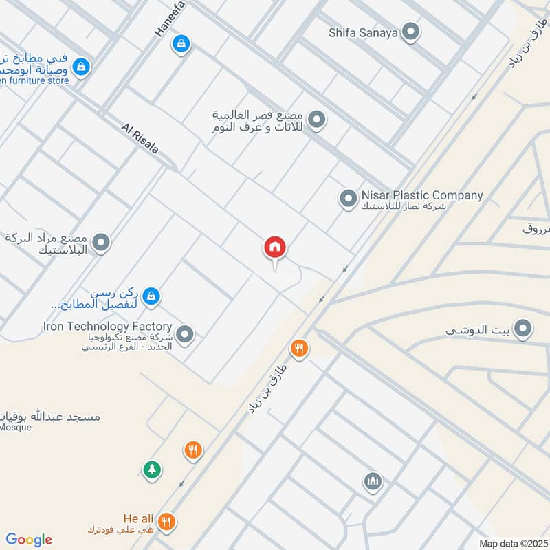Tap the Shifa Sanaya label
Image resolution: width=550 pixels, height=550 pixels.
coord(363,32)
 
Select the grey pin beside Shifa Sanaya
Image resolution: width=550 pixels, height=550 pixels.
coord(411,32)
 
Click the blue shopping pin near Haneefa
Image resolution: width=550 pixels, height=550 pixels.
coord(181,43)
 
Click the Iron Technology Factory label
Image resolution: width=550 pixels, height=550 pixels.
coord(107,326)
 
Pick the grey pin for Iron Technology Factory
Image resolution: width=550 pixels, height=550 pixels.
coord(184,335)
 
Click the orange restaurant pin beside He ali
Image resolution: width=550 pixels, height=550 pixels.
coord(166,522)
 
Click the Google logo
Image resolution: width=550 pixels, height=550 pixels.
coord(29,540)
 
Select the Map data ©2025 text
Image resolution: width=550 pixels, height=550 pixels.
coord(512,543)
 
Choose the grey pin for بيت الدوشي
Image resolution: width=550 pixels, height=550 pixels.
coord(524,329)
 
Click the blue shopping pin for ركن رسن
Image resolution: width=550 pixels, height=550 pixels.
coord(152,296)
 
